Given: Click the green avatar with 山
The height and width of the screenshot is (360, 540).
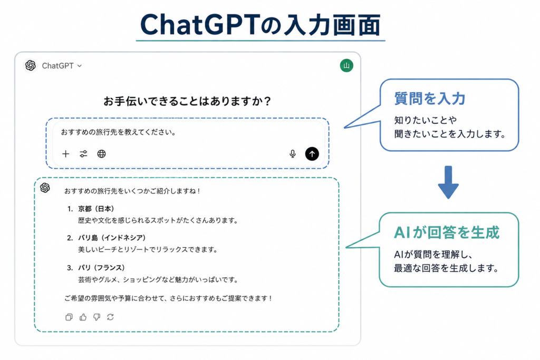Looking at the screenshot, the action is (x=346, y=65).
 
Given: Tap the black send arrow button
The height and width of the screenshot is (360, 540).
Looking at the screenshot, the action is (x=312, y=154).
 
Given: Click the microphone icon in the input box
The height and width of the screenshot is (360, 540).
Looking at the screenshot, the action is (x=292, y=154).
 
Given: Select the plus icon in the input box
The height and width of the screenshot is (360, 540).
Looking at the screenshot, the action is (x=65, y=154).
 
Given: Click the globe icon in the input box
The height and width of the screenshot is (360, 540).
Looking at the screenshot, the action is (x=101, y=154).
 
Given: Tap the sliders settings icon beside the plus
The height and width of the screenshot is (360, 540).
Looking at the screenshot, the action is (x=83, y=154).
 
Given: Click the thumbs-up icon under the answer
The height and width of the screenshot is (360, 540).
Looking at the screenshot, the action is (x=83, y=317).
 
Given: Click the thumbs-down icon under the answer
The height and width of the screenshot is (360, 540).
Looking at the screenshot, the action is (x=97, y=317).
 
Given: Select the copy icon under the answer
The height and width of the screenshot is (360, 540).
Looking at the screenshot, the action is (x=69, y=317).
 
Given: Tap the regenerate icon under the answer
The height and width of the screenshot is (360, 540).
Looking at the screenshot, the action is (x=110, y=317).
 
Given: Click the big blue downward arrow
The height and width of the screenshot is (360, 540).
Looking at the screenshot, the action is (x=448, y=182).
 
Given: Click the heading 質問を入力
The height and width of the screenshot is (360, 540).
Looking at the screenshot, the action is (x=430, y=99).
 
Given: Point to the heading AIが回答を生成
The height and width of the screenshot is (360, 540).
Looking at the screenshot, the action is (x=447, y=232).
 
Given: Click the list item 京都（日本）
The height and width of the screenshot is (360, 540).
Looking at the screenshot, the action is (x=96, y=209).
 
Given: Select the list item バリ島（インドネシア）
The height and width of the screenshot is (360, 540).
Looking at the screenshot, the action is (x=112, y=238).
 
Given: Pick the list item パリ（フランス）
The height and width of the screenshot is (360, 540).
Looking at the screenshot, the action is (x=101, y=268).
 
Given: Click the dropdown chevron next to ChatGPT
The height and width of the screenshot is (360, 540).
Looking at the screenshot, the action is (x=80, y=66).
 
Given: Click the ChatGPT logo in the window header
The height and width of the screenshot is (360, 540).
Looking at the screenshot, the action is (x=30, y=65).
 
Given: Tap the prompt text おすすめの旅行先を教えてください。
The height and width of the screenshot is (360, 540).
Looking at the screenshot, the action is (x=119, y=132).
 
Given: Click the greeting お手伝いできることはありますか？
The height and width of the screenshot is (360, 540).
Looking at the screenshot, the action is (x=187, y=101).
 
